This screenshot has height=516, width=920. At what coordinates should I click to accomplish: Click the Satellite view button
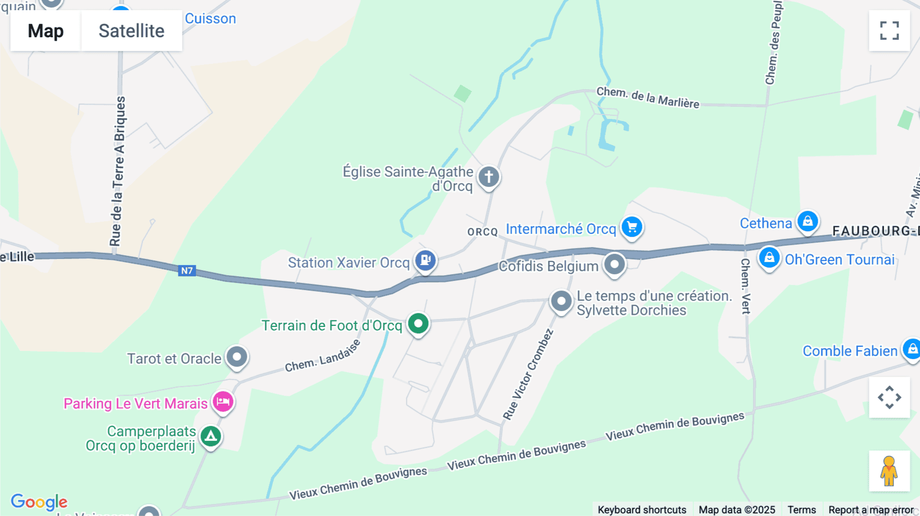coord(131,31)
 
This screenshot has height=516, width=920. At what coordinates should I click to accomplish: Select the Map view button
coord(45,31)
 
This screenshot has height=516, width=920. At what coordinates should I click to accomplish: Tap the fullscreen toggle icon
coord(889,31)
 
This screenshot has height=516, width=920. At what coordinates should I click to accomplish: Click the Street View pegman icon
coord(889,471)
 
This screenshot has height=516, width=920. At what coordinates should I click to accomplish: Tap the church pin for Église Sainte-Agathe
coord(489,177)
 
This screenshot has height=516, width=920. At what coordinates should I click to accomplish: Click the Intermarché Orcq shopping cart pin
coord(632,227)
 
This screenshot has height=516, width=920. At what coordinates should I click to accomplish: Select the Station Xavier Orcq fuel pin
coord(425,261)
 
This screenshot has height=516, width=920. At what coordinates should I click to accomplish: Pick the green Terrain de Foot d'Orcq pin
coord(418,323)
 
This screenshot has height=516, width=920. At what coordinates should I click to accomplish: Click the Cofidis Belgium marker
coord(614,265)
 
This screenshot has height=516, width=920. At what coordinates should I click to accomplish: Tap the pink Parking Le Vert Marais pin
coord(223,402)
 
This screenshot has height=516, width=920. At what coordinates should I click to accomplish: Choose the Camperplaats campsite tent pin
coord(211,436)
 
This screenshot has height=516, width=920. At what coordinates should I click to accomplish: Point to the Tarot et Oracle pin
coord(237,357)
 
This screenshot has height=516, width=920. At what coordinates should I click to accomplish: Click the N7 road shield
coord(187,271)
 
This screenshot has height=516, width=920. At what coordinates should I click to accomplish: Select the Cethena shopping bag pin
coord(808,221)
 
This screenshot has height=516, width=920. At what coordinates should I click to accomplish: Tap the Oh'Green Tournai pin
coord(769,258)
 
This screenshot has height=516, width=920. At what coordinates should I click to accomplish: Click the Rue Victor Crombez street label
coord(528,374)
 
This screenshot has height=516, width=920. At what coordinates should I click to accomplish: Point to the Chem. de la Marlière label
coord(648,97)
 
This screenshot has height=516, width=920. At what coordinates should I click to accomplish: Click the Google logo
coord(39,502)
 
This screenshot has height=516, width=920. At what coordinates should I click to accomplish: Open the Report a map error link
coord(871,510)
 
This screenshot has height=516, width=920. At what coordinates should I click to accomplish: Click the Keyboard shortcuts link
coord(642,510)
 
